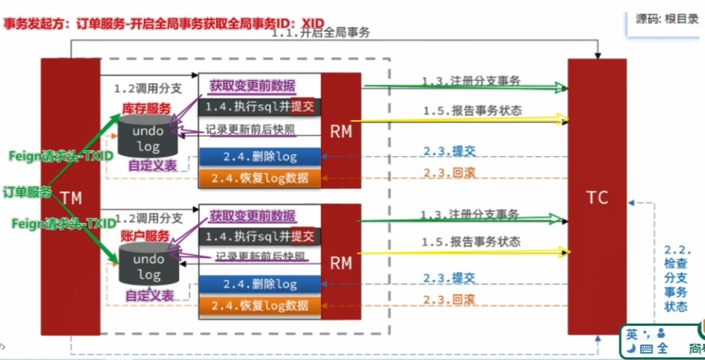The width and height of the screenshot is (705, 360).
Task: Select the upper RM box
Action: point(341,131)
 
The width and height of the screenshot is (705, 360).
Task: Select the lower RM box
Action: point(341,262)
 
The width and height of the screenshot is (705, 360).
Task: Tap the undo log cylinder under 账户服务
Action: point(148,266)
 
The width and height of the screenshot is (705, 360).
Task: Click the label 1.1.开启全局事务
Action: point(321,33)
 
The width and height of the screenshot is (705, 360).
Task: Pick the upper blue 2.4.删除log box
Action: point(260,157)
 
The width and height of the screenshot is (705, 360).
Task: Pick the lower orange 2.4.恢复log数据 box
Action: point(260,306)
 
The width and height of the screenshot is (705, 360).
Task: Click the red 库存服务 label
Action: point(146,108)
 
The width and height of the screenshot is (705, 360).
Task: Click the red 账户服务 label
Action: point(145,235)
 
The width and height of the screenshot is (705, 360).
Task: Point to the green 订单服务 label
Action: point(27,192)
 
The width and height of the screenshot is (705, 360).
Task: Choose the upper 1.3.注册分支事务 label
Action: point(471,81)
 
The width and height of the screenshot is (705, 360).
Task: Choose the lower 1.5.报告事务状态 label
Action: point(471,242)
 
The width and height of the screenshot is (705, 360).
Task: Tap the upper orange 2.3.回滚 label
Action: point(450,173)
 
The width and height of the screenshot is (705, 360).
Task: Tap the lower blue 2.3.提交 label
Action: point(449,278)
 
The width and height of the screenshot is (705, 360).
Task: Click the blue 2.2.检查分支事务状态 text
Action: point(676,278)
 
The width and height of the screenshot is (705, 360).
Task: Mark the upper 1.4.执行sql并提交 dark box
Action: point(259,107)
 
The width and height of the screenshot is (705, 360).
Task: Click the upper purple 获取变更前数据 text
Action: point(252,86)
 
